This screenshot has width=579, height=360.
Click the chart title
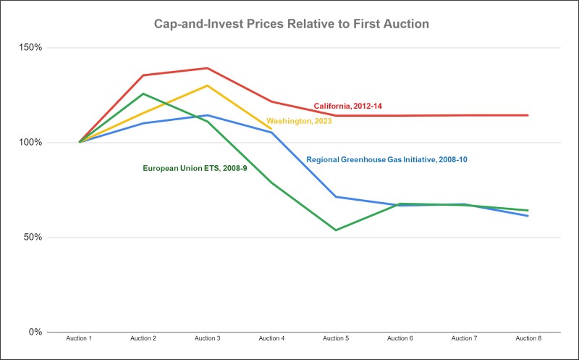click(x=292, y=25)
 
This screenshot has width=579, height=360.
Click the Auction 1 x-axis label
click(x=80, y=339)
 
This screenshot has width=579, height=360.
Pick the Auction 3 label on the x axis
click(x=208, y=339)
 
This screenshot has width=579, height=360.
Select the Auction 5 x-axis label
click(x=336, y=339)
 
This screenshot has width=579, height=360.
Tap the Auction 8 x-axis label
click(x=528, y=339)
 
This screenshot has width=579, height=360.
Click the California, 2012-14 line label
click(x=347, y=106)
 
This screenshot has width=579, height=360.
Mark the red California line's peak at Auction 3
click(x=208, y=68)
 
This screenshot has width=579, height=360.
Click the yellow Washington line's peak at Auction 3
click(x=208, y=85)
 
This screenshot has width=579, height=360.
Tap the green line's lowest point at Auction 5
click(x=336, y=230)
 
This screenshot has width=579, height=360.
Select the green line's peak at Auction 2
click(x=143, y=93)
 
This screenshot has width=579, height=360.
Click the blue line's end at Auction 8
click(x=528, y=216)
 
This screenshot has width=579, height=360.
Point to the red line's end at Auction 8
click(x=528, y=115)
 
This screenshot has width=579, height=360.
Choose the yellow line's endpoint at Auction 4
click(x=271, y=129)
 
